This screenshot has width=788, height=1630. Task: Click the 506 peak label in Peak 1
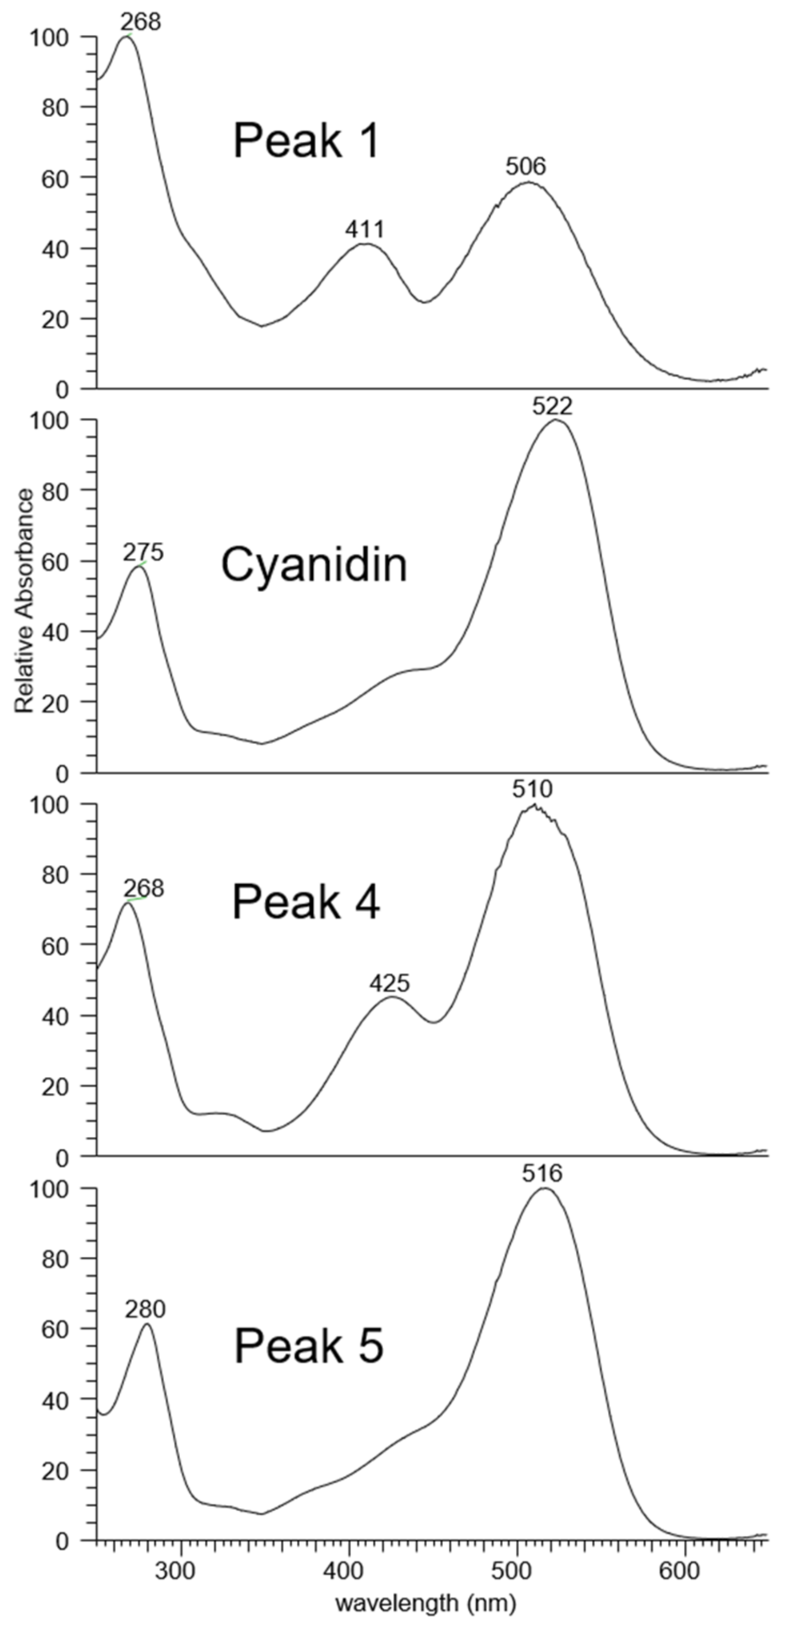(525, 167)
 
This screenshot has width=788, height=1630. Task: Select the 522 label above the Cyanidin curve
(552, 406)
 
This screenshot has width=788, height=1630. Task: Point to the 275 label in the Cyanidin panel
(143, 553)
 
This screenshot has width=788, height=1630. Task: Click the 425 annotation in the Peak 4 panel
(390, 983)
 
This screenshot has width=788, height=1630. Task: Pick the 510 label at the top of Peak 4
(532, 790)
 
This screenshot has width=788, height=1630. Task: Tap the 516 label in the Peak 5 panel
(542, 1174)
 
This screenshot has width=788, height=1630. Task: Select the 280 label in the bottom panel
(145, 1309)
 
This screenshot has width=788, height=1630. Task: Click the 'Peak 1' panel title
(306, 141)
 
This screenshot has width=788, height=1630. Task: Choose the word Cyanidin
(314, 565)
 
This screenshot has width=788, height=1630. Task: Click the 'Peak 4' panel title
(306, 902)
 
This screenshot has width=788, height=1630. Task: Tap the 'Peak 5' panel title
(308, 1346)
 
